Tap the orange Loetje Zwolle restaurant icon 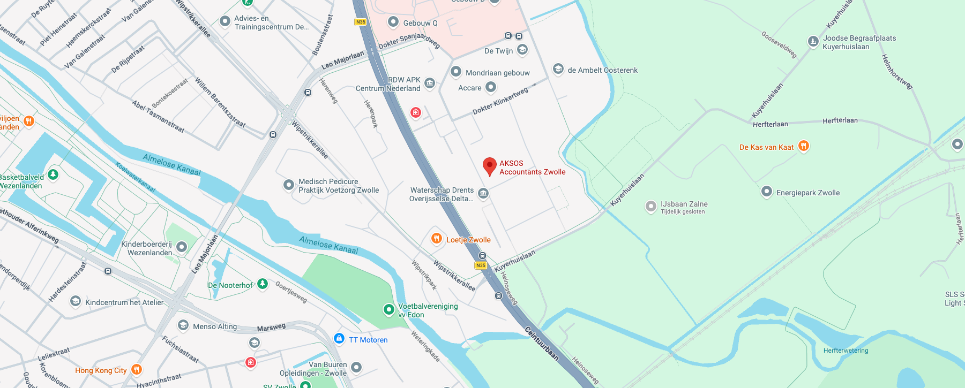coord(437,239)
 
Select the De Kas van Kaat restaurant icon coord(803,146)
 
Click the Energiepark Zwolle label coord(807,193)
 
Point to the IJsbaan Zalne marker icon coord(650,206)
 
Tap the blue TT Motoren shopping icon coord(339,338)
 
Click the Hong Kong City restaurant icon coord(137,369)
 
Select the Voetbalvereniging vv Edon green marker coord(389,309)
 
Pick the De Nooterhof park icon coord(262,284)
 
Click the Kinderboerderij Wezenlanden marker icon coord(182,247)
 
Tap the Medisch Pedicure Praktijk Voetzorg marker coord(289,185)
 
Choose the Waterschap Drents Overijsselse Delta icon coord(483,193)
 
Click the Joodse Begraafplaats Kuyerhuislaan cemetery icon coord(813,41)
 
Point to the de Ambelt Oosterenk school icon coord(558,69)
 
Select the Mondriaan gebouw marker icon coord(456,72)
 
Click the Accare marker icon coord(490,87)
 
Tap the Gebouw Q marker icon coord(393,22)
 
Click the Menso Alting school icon coord(183,325)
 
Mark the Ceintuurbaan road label coord(541,343)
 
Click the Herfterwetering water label coord(846,351)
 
